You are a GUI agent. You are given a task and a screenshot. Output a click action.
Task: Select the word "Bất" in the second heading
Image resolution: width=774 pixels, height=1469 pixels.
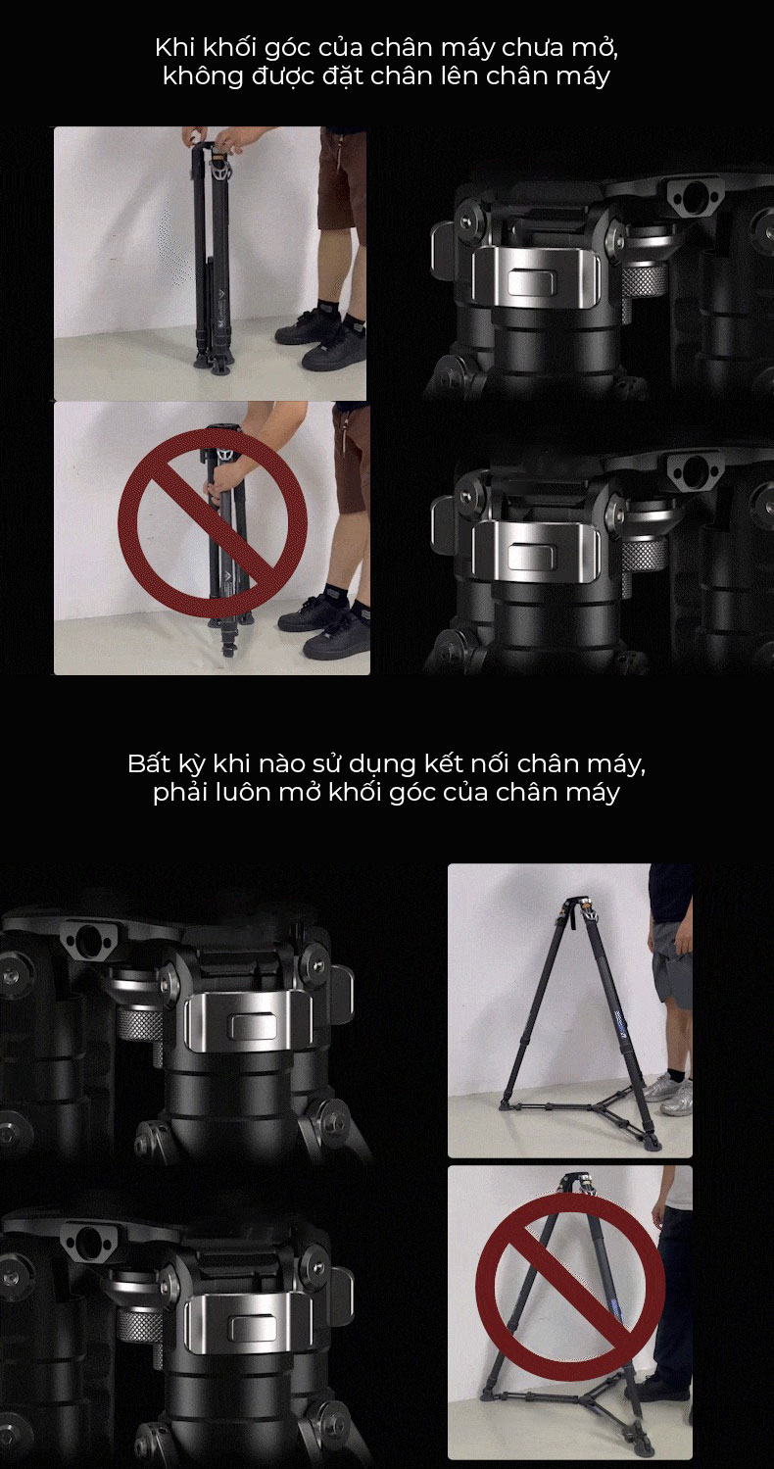[x=146, y=763]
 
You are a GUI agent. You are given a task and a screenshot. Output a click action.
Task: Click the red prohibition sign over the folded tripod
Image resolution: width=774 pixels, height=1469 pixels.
[x=213, y=522]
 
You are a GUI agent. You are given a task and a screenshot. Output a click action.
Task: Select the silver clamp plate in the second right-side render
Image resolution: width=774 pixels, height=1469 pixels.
[x=536, y=552]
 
